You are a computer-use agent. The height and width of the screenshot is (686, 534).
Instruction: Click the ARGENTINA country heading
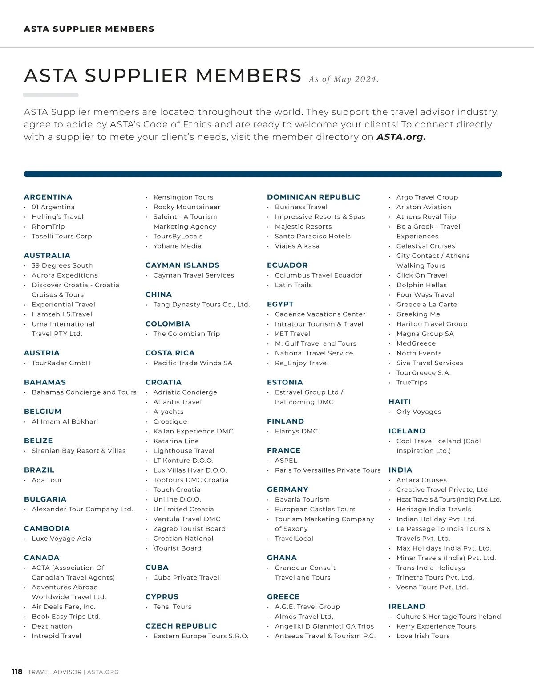(48, 197)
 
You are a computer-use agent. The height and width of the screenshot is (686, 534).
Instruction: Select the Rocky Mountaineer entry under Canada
(186, 207)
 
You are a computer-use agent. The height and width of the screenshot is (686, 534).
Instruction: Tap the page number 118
(17, 671)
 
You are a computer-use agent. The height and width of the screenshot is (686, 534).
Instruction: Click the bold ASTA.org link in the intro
(401, 137)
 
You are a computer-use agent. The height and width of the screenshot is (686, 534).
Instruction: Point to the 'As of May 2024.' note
(344, 79)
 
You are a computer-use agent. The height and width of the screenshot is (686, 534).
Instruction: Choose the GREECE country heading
(283, 597)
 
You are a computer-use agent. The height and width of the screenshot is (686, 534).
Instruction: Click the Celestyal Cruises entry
(425, 246)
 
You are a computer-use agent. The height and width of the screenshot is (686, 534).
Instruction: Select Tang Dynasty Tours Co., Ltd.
(202, 305)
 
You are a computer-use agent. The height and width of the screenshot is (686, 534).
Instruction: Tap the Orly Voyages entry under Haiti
(419, 412)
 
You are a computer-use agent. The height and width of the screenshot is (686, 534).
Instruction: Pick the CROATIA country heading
(163, 382)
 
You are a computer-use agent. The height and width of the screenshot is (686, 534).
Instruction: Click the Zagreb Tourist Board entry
(189, 529)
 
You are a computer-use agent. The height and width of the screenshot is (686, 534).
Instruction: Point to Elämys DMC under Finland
(296, 431)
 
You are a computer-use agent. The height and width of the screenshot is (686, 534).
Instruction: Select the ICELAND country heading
(407, 431)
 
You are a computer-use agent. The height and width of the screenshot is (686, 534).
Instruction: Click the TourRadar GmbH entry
(61, 363)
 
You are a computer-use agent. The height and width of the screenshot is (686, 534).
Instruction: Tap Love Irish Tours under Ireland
(423, 636)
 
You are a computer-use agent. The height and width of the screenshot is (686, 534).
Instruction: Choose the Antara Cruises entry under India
(421, 480)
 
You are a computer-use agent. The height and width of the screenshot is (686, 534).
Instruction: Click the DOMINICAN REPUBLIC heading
(313, 197)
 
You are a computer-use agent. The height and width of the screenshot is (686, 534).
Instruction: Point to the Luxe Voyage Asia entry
(61, 539)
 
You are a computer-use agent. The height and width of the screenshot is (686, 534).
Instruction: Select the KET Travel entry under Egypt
(292, 334)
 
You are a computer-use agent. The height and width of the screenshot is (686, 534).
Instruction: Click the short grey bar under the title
(51, 95)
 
